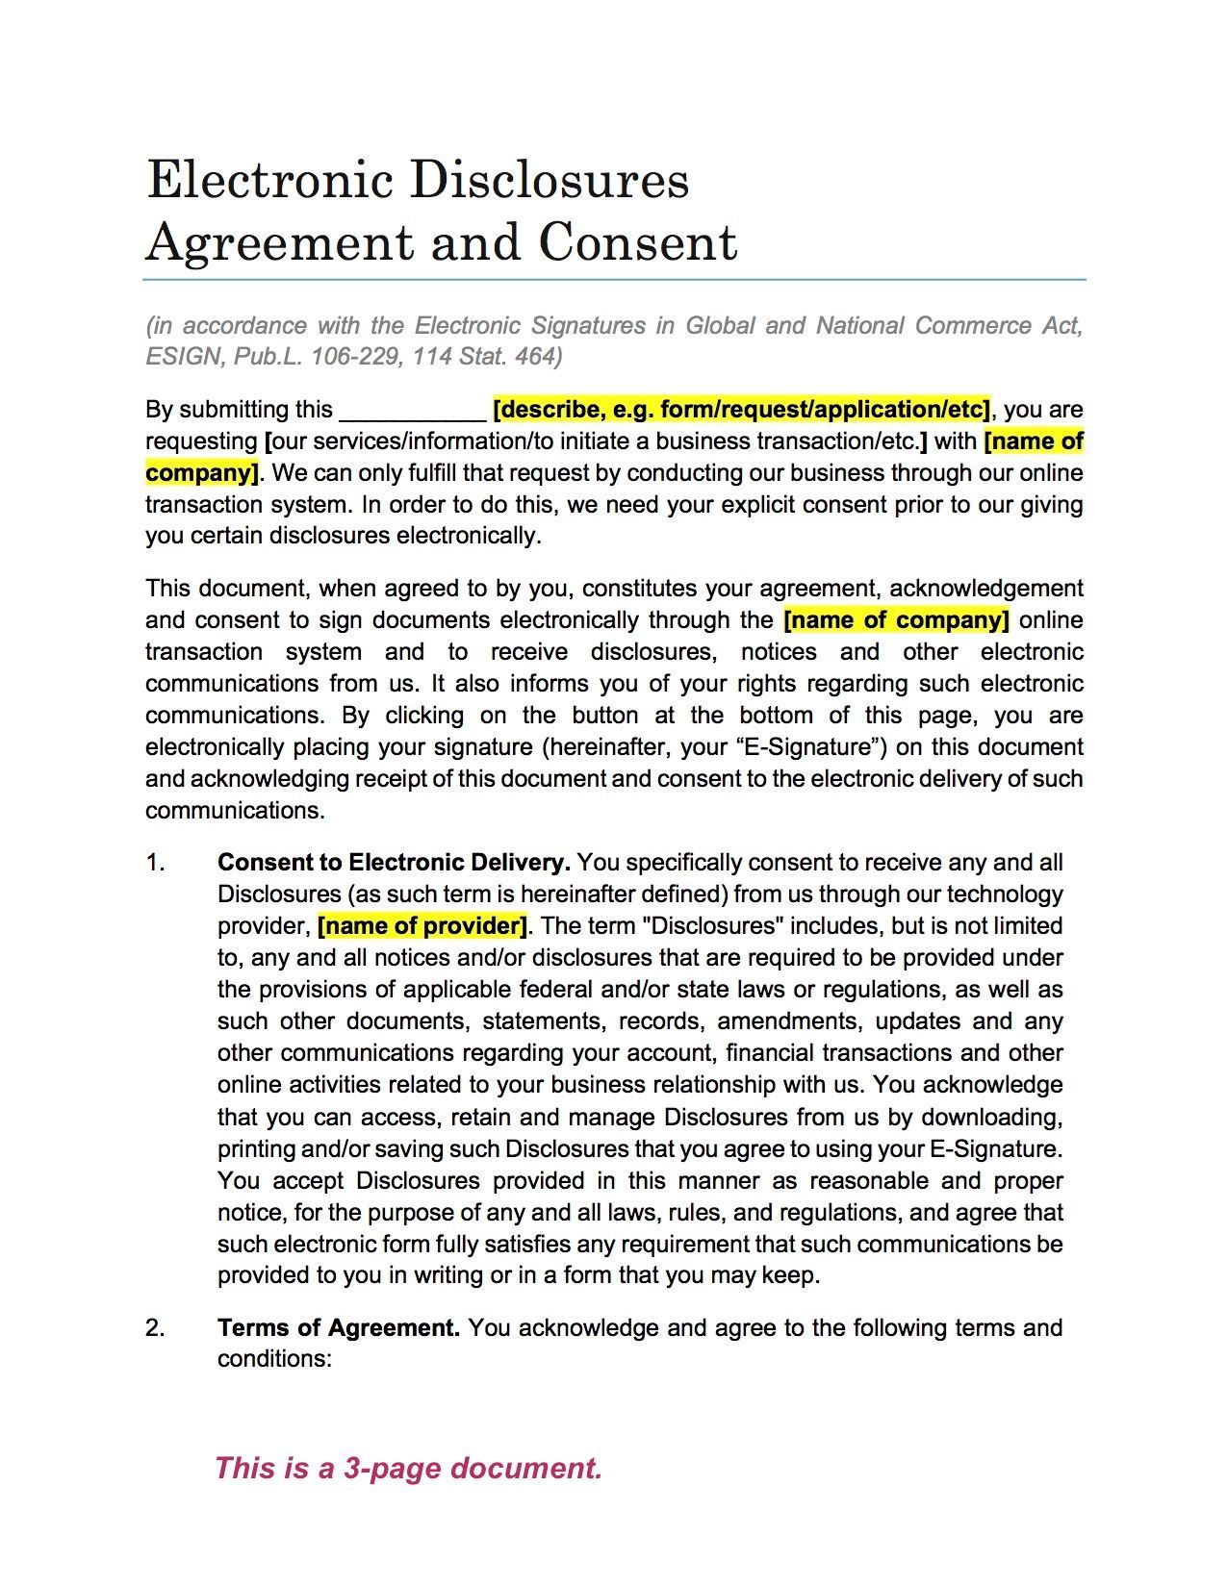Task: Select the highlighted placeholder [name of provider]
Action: point(422,926)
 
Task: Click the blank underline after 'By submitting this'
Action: point(414,412)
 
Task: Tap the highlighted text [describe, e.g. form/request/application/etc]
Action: point(741,410)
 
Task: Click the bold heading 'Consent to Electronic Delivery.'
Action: point(395,862)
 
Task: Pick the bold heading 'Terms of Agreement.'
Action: point(339,1328)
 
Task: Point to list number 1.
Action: point(155,863)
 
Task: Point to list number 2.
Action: point(155,1328)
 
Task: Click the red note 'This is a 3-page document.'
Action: point(408,1469)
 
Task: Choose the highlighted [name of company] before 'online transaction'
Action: point(896,620)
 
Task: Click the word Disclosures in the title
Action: point(550,180)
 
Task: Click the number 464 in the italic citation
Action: point(536,357)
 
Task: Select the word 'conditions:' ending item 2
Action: point(274,1359)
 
